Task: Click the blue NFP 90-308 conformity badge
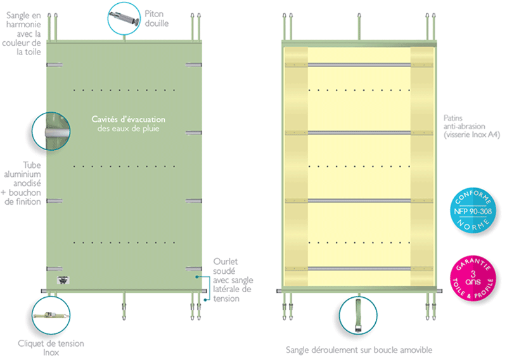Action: tap(473, 210)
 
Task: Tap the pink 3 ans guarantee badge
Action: tap(473, 278)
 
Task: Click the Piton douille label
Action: tap(157, 18)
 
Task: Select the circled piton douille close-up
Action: tap(124, 18)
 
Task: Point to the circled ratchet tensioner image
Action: tap(51, 316)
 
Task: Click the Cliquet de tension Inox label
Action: tap(51, 348)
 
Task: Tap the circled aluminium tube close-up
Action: tap(51, 131)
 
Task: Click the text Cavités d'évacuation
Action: tap(129, 119)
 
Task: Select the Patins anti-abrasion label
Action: tap(472, 126)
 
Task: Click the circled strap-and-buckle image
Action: tap(358, 316)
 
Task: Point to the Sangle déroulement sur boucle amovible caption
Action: tap(359, 350)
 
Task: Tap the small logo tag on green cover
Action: tap(63, 280)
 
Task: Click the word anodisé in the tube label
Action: tap(27, 183)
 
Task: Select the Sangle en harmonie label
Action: tap(22, 34)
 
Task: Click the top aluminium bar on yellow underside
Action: tap(359, 65)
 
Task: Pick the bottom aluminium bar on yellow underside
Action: tap(359, 269)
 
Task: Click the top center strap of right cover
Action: tap(359, 27)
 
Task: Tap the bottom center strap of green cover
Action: tap(124, 305)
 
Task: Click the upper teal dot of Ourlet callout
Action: tap(196, 277)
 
